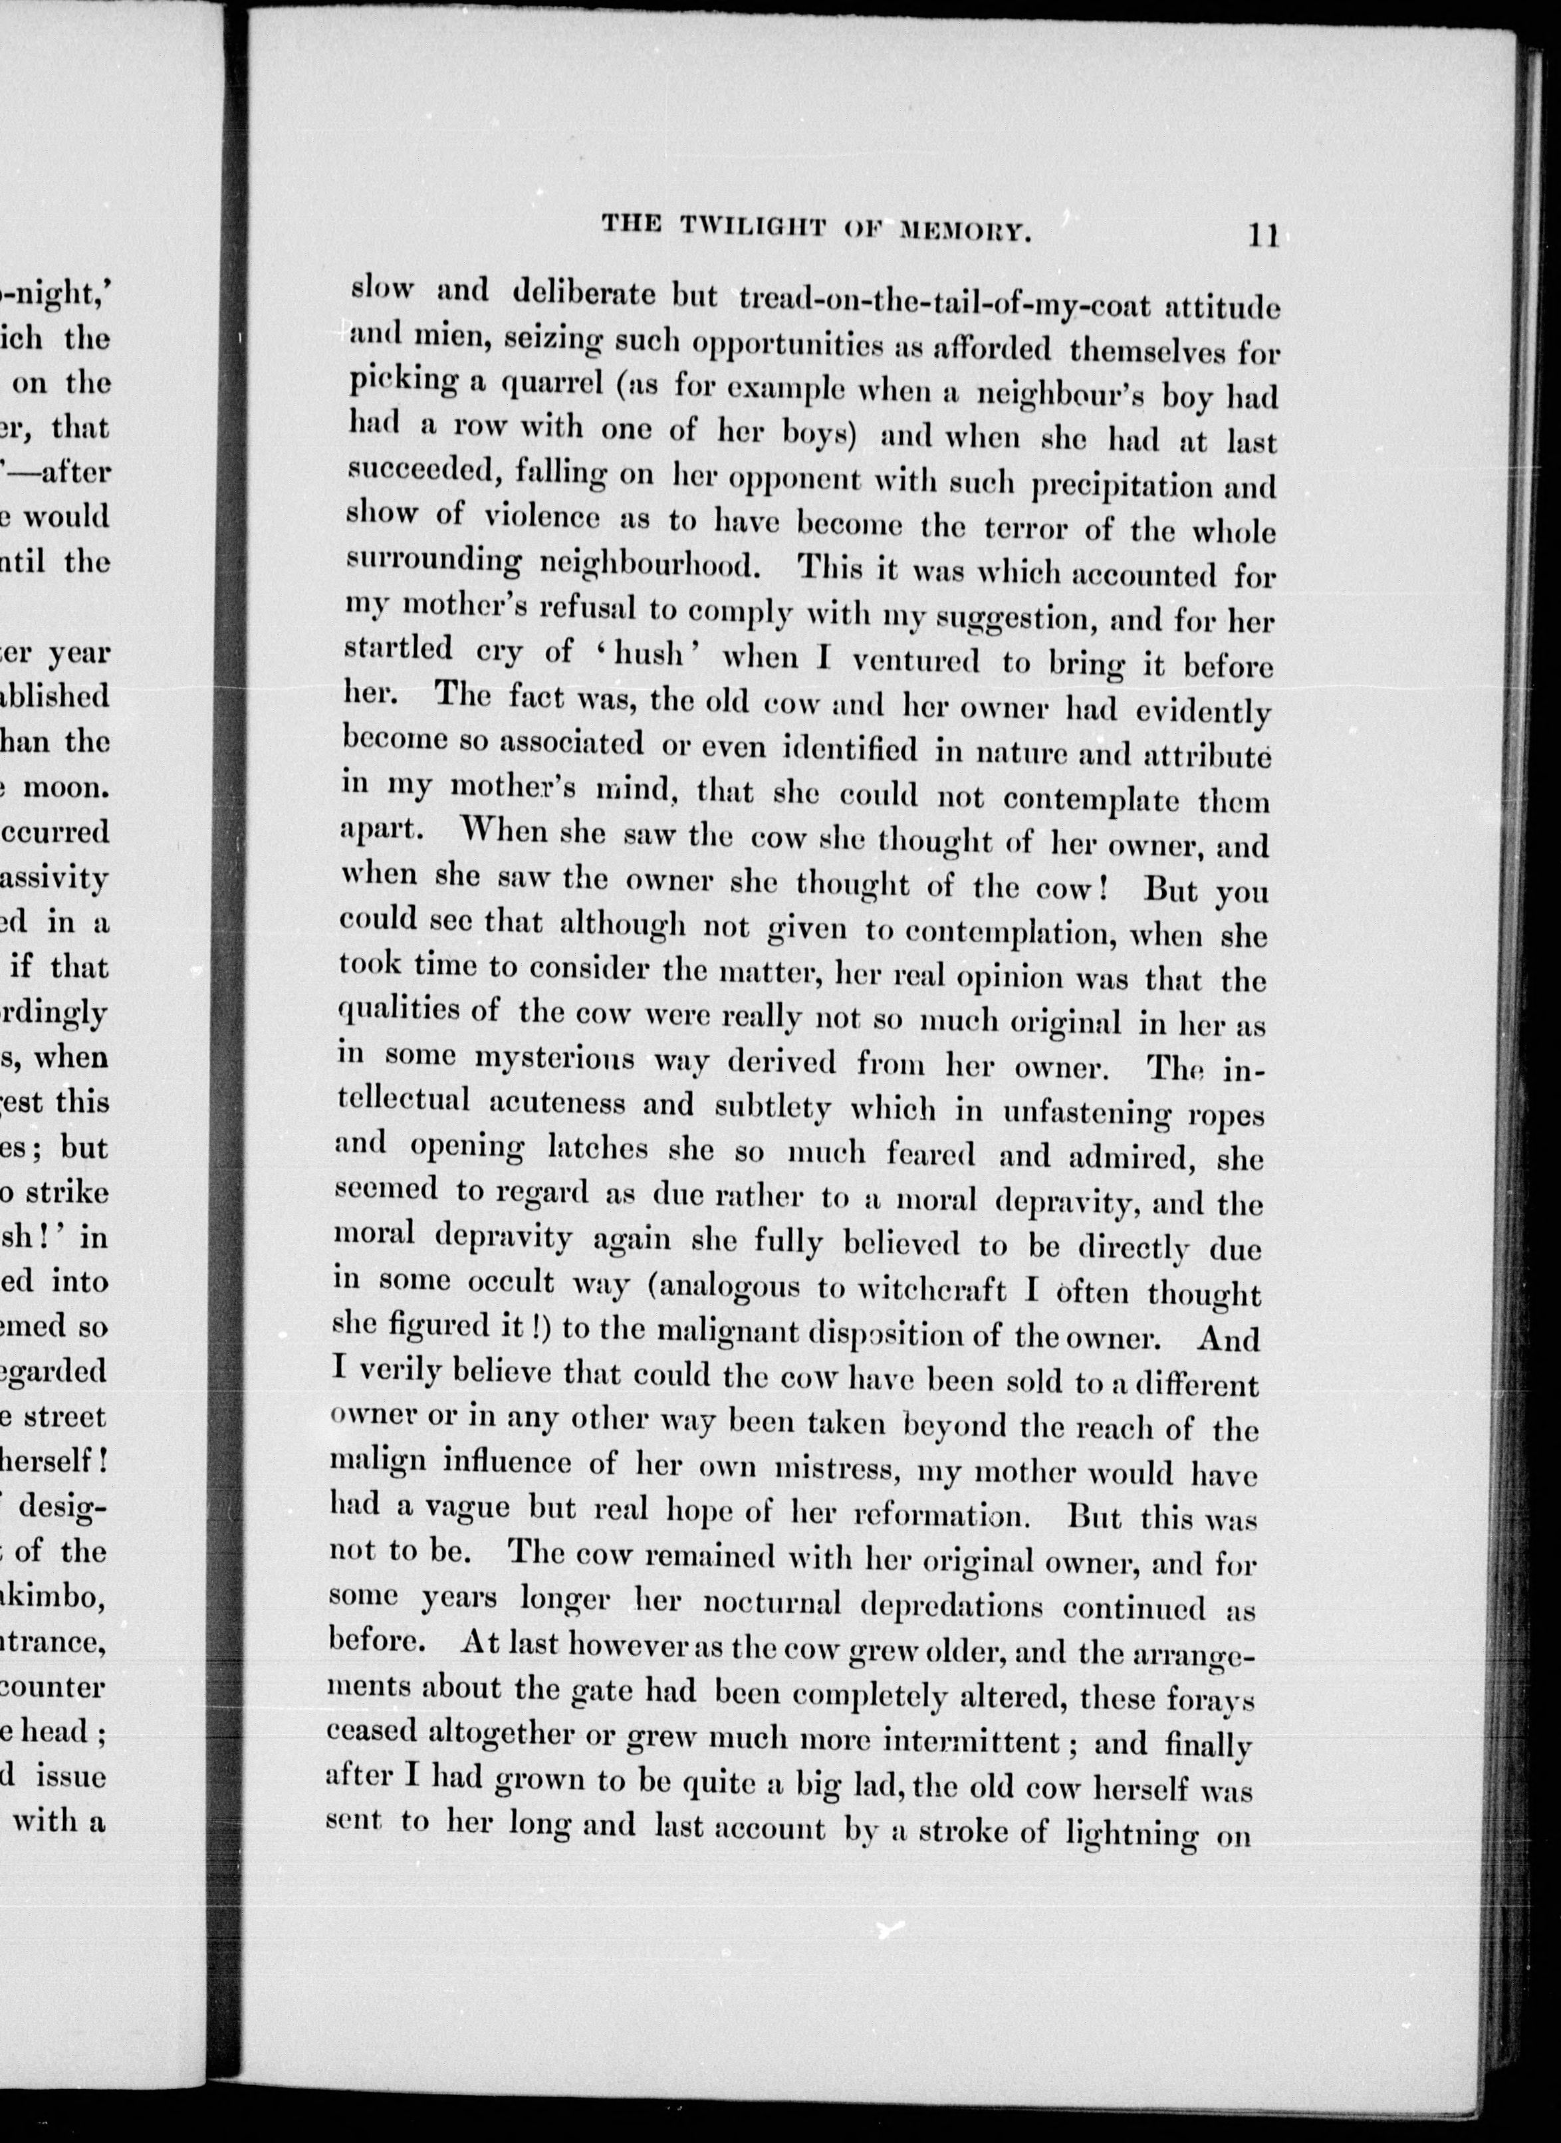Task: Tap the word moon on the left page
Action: [66, 787]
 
